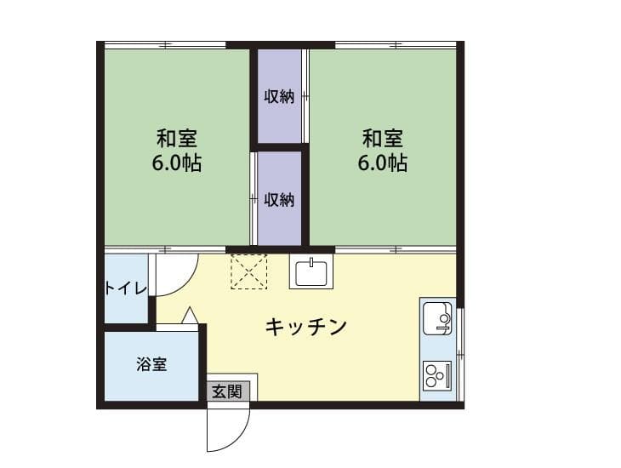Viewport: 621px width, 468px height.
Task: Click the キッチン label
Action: pos(306,326)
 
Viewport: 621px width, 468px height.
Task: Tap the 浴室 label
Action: pos(151,364)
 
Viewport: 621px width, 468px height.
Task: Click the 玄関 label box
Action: pos(227,391)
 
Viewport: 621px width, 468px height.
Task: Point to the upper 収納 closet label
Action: pos(278,96)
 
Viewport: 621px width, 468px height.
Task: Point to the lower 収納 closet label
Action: pos(278,200)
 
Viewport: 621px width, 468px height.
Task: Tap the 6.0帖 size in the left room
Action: pos(177,163)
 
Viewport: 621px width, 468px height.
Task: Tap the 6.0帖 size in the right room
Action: pos(383,163)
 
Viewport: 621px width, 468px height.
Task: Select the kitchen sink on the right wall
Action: pos(437,317)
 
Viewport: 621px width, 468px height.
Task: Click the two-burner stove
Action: pos(436,374)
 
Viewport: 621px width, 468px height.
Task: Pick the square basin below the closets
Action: pos(311,272)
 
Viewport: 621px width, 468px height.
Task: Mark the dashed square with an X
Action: pos(249,272)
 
